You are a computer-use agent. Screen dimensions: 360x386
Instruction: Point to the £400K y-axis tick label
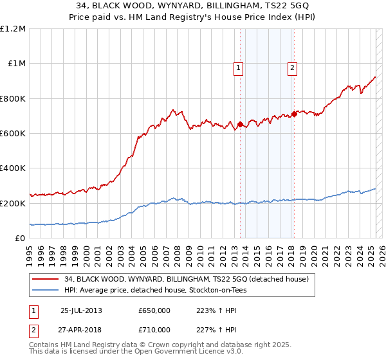click(14, 168)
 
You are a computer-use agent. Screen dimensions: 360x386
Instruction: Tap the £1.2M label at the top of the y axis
click(14, 29)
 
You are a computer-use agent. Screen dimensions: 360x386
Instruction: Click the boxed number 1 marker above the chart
click(239, 69)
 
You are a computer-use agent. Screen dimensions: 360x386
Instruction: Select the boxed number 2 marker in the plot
click(292, 69)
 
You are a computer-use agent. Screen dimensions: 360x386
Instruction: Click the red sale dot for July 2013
click(240, 125)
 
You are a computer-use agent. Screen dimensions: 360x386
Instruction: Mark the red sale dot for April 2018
click(294, 114)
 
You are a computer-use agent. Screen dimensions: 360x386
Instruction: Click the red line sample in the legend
click(46, 279)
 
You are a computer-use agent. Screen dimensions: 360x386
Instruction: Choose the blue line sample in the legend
click(46, 290)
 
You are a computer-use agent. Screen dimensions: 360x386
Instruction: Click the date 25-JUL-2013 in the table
click(81, 310)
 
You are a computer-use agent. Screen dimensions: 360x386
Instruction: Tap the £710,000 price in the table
click(154, 329)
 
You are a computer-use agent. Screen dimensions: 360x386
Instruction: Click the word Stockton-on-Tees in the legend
click(217, 290)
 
